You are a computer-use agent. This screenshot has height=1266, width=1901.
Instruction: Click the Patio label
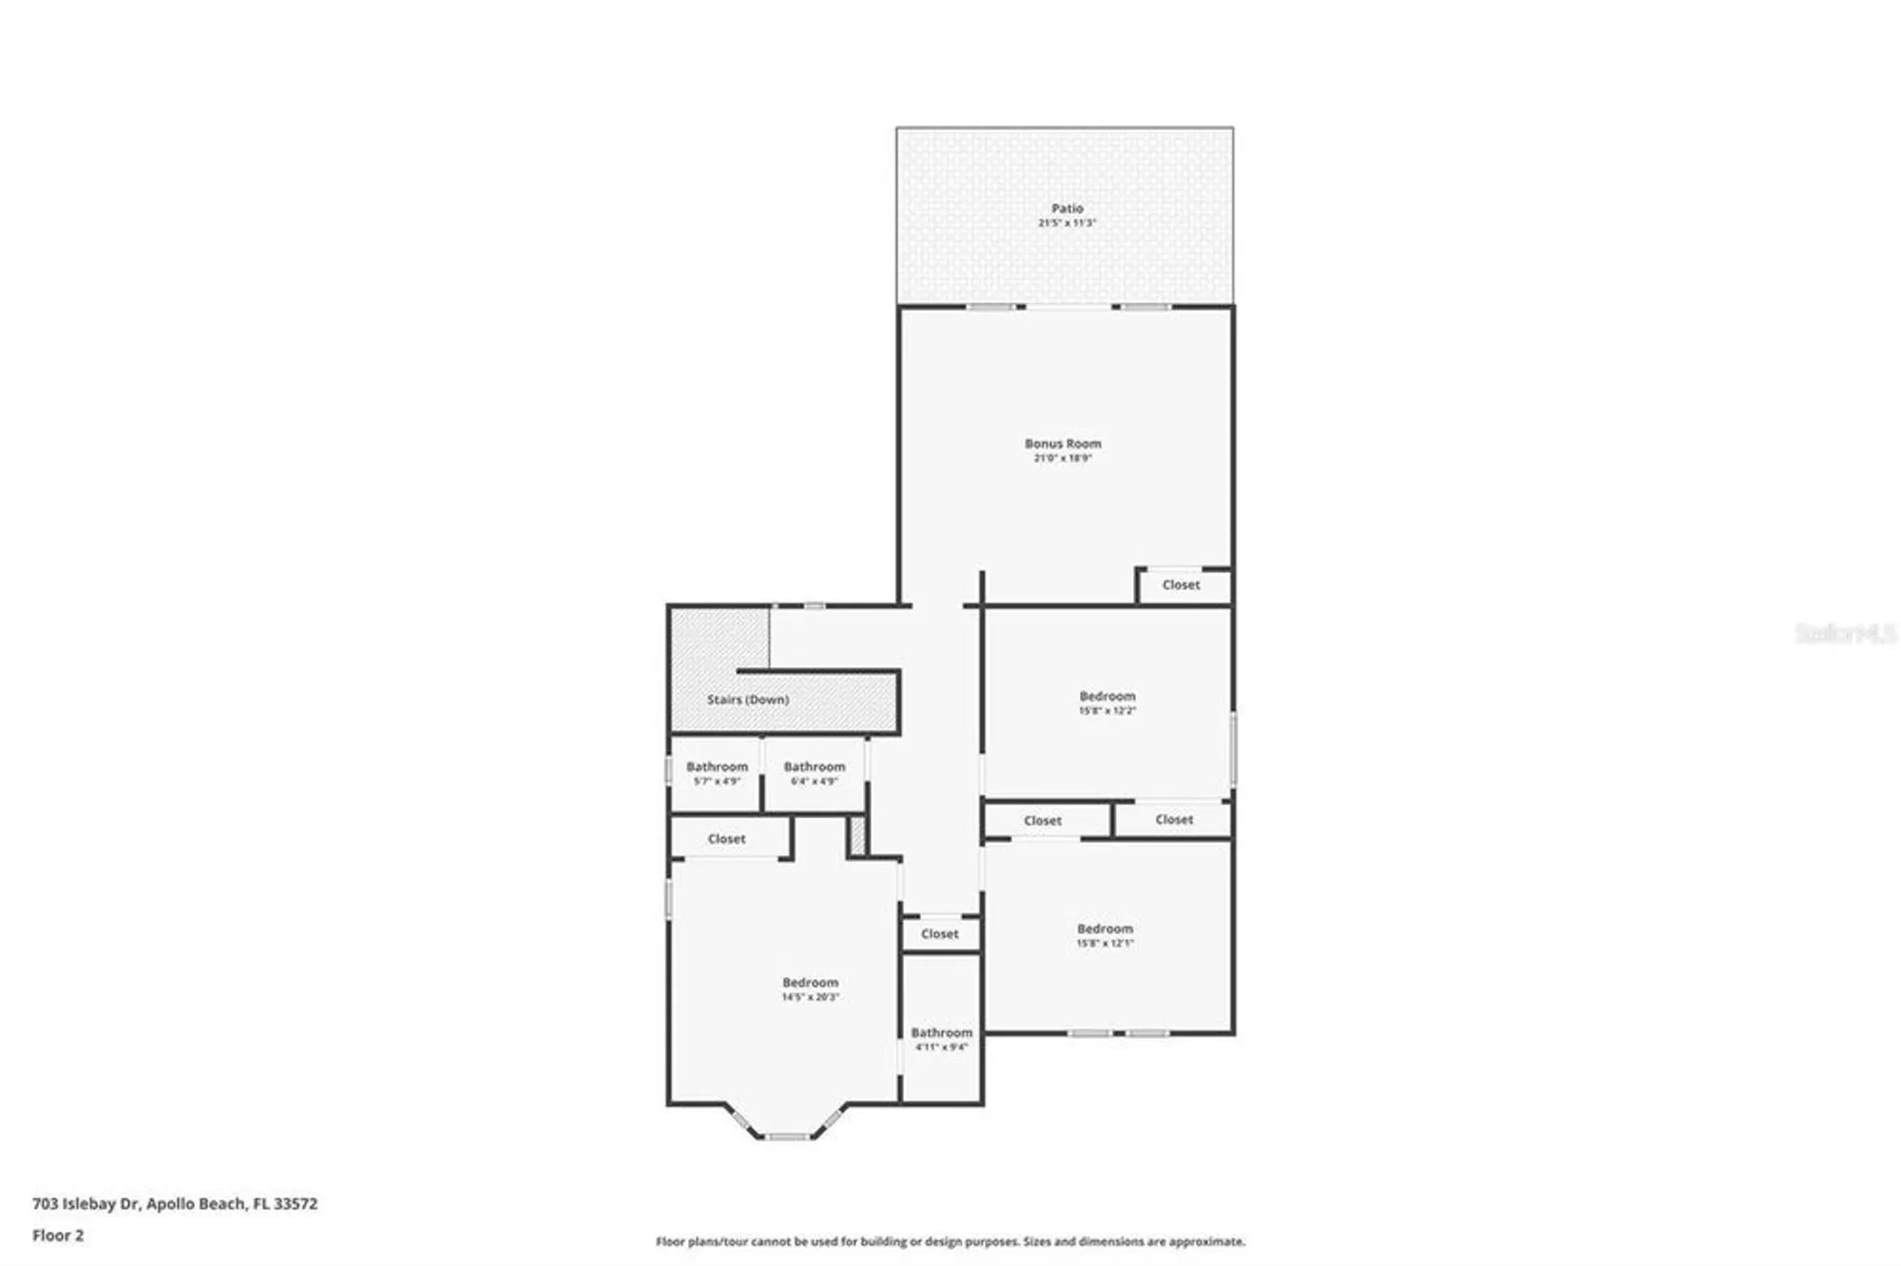click(1066, 208)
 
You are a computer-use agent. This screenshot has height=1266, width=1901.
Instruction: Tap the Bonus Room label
click(1063, 443)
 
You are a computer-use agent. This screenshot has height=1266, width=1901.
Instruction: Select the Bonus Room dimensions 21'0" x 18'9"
click(1063, 458)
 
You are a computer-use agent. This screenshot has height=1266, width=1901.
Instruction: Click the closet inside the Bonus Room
click(1181, 585)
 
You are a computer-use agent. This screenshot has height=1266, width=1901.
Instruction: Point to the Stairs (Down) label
click(747, 700)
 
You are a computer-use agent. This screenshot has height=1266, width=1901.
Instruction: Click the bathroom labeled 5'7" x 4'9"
click(716, 773)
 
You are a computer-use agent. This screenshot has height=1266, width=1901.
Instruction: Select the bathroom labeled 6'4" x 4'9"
click(815, 773)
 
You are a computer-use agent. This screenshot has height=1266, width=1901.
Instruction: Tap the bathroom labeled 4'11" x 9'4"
click(941, 1038)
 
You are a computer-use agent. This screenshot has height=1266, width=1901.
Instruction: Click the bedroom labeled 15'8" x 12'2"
click(1106, 702)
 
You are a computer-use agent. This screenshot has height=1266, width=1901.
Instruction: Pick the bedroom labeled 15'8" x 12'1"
click(1104, 935)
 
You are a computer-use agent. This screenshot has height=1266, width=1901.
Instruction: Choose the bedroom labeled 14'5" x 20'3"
click(810, 988)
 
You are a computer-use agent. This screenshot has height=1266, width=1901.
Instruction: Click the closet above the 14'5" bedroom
click(726, 839)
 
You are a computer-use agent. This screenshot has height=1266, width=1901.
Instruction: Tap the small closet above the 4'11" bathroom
click(939, 934)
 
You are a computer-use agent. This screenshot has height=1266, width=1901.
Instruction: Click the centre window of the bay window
click(787, 1136)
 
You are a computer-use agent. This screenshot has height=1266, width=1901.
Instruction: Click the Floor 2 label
click(58, 1236)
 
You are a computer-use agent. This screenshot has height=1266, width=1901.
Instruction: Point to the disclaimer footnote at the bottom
click(950, 1241)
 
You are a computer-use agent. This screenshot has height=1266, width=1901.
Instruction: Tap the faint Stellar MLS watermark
click(1844, 633)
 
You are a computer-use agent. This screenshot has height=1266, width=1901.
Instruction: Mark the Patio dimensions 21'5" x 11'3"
click(1066, 223)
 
